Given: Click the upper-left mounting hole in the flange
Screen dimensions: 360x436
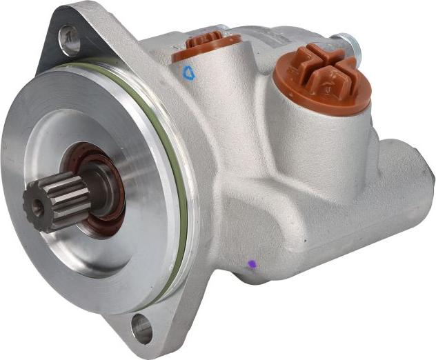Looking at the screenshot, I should click(69, 39).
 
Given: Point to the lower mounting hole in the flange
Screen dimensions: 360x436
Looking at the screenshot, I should click(141, 327).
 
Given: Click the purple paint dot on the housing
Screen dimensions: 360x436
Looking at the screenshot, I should click(252, 263).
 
